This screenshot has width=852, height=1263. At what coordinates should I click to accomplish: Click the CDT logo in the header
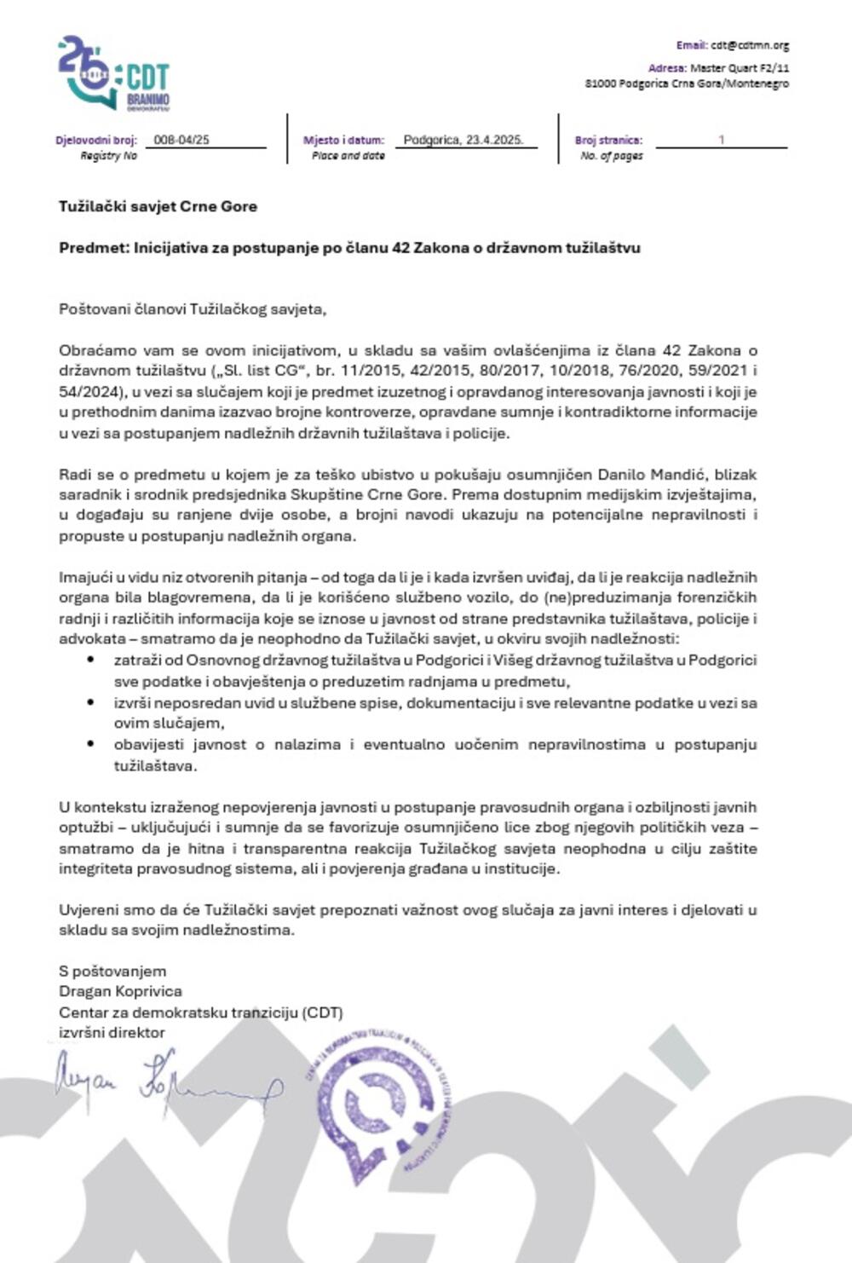click(113, 74)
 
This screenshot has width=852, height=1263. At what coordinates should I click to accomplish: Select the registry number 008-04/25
click(181, 140)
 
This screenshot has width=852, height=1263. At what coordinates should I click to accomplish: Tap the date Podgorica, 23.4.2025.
click(463, 140)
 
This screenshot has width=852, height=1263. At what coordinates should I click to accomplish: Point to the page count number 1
click(722, 140)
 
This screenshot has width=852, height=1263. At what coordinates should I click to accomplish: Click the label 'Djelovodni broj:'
click(95, 141)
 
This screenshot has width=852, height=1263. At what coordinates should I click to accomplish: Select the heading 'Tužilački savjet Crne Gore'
click(158, 206)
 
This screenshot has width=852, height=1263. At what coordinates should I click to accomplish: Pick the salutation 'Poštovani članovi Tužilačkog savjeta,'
click(193, 309)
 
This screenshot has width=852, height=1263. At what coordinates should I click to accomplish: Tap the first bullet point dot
click(91, 660)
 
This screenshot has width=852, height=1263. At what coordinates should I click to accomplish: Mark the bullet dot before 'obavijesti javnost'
click(91, 744)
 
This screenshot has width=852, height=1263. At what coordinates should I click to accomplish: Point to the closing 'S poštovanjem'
click(112, 971)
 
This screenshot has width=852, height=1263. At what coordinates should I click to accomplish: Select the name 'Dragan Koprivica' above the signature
click(120, 991)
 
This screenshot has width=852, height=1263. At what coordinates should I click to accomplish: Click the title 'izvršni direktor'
click(112, 1032)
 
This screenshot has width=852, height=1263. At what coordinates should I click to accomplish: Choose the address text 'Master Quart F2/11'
click(740, 67)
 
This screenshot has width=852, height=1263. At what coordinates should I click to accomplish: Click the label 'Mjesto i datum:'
click(343, 141)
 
